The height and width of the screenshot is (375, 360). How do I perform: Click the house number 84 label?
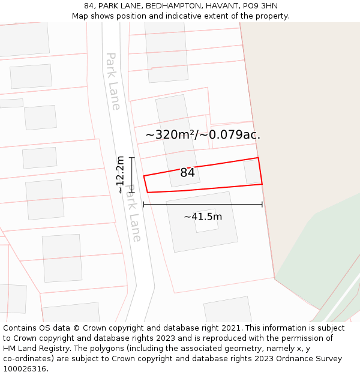[x=187, y=173]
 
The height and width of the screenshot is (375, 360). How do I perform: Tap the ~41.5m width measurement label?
[x=203, y=217]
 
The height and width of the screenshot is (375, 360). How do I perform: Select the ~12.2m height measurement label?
[x=120, y=175]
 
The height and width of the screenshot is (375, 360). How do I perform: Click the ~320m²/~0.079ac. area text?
[x=203, y=134]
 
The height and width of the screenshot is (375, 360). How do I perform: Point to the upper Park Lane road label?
[x=113, y=81]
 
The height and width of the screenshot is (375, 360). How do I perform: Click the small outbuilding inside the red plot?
[x=252, y=172]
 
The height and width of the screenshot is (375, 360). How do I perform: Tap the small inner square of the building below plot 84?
[x=206, y=220]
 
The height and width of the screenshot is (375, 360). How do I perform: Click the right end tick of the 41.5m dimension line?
[x=262, y=205]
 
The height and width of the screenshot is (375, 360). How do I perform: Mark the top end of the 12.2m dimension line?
[x=131, y=158]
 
